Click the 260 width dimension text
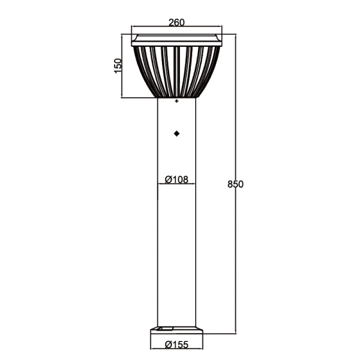[x=176, y=23]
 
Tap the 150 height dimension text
[x=118, y=64]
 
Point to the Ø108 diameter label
[x=176, y=179]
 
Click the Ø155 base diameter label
[x=176, y=344]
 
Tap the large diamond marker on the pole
[x=176, y=134]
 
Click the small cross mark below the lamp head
[x=176, y=103]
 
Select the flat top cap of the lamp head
[x=176, y=40]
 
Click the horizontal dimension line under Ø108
[x=176, y=184]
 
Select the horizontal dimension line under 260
[x=176, y=28]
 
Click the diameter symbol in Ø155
[x=168, y=344]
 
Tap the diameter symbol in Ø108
[x=168, y=179]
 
